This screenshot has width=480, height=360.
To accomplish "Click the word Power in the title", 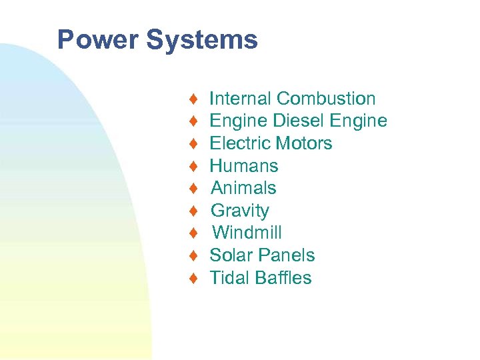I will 98,39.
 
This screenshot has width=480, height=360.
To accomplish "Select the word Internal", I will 241,99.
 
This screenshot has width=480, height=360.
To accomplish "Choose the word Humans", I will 244,166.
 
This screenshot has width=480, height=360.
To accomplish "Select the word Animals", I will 243,188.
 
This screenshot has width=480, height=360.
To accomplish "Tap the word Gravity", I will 240,211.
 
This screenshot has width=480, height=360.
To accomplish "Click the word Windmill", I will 247,233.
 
